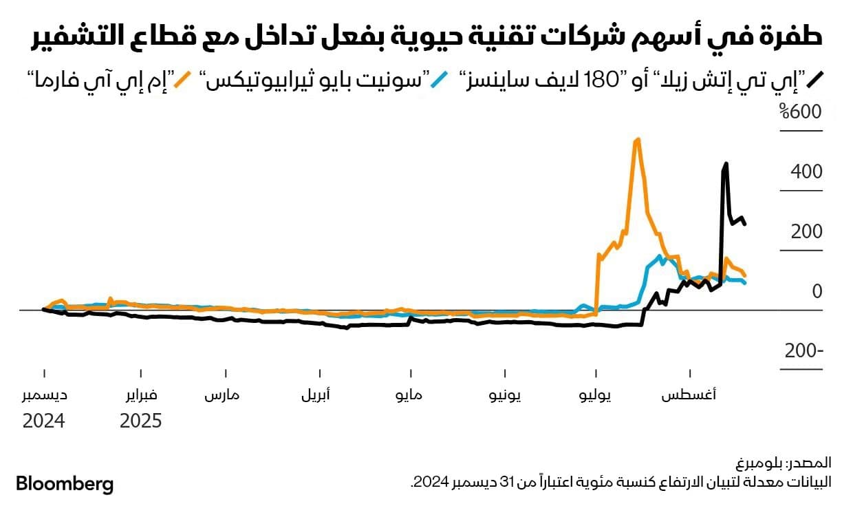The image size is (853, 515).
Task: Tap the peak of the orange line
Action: [x=638, y=140]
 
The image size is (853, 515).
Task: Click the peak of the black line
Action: [x=726, y=164]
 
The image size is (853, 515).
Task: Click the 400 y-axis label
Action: [x=807, y=171]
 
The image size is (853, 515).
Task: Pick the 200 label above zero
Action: [x=807, y=231]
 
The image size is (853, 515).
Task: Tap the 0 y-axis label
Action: [x=817, y=291]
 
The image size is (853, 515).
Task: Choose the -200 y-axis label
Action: [x=804, y=351]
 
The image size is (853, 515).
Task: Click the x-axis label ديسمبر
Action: [x=44, y=396]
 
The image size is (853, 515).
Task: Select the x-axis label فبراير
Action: [x=140, y=396]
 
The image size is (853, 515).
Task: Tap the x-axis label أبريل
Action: [x=316, y=396]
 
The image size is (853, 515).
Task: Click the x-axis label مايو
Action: [x=409, y=396]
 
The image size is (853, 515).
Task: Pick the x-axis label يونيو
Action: [x=505, y=396]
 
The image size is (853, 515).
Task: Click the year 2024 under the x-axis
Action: [x=44, y=421]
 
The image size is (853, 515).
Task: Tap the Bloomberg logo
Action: [x=64, y=484]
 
